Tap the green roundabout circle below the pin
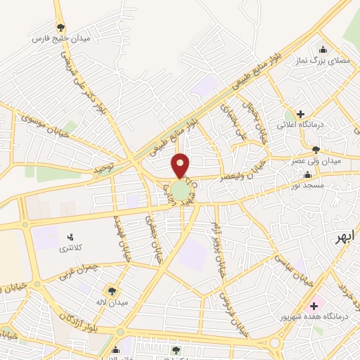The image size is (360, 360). [181, 191]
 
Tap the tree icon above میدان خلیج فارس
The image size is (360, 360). [62, 27]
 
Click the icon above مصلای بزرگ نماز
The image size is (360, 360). [323, 49]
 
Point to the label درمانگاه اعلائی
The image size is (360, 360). [326, 124]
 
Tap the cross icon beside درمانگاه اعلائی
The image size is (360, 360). [300, 114]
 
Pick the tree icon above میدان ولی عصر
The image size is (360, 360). [316, 149]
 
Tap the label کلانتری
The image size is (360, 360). [70, 248]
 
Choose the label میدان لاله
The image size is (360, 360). [111, 302]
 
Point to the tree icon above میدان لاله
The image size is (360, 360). [112, 290]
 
